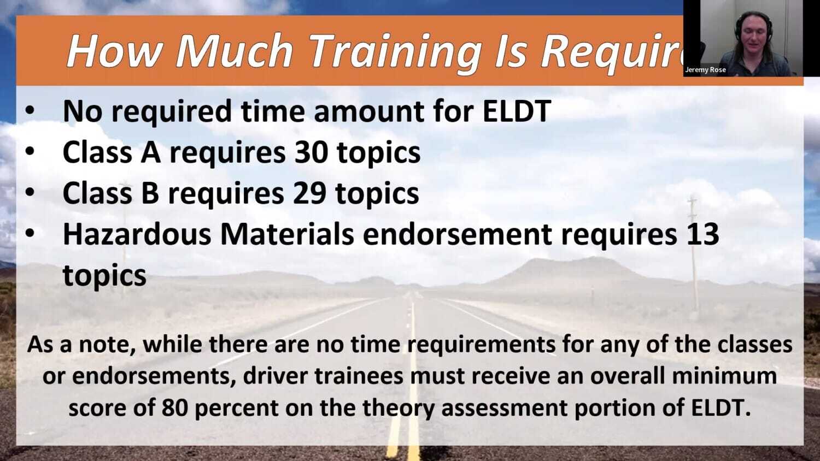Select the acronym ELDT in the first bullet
click(517, 111)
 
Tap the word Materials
click(286, 234)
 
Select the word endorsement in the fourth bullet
click(457, 234)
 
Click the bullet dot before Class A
click(30, 153)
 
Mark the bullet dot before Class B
click(30, 194)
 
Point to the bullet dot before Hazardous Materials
click(30, 235)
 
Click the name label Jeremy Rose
click(705, 70)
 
